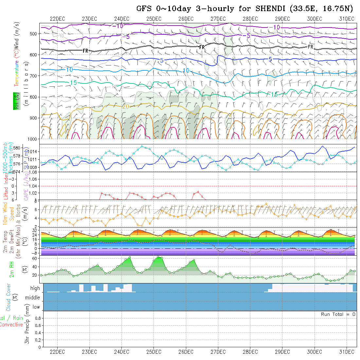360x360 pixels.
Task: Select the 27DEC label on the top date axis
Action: pyautogui.click(x=218, y=19)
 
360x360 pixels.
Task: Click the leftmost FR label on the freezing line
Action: pyautogui.click(x=85, y=51)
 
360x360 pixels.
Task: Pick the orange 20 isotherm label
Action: pyautogui.click(x=125, y=107)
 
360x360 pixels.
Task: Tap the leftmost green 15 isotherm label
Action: pyautogui.click(x=74, y=83)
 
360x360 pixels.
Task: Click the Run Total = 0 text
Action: pyautogui.click(x=338, y=314)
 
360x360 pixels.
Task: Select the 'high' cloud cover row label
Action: pyautogui.click(x=35, y=288)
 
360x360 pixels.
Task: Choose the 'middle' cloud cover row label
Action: pyautogui.click(x=33, y=298)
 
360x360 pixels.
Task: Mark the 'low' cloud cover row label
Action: pyautogui.click(x=36, y=307)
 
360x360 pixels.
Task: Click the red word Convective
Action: pyautogui.click(x=11, y=325)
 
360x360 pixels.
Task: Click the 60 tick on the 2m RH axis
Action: pyautogui.click(x=34, y=258)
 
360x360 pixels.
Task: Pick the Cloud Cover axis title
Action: pyautogui.click(x=9, y=297)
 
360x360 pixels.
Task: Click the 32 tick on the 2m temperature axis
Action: pyautogui.click(x=34, y=230)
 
